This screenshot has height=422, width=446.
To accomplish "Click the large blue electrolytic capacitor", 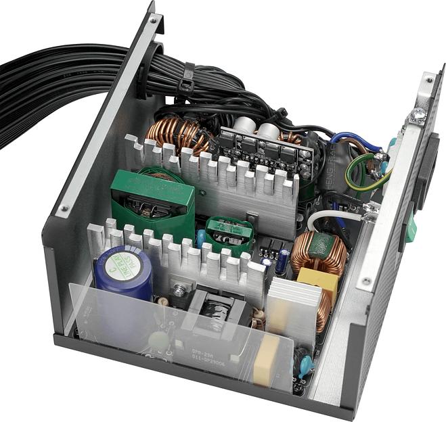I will (123, 271).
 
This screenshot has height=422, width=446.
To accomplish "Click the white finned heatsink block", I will (292, 304).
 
